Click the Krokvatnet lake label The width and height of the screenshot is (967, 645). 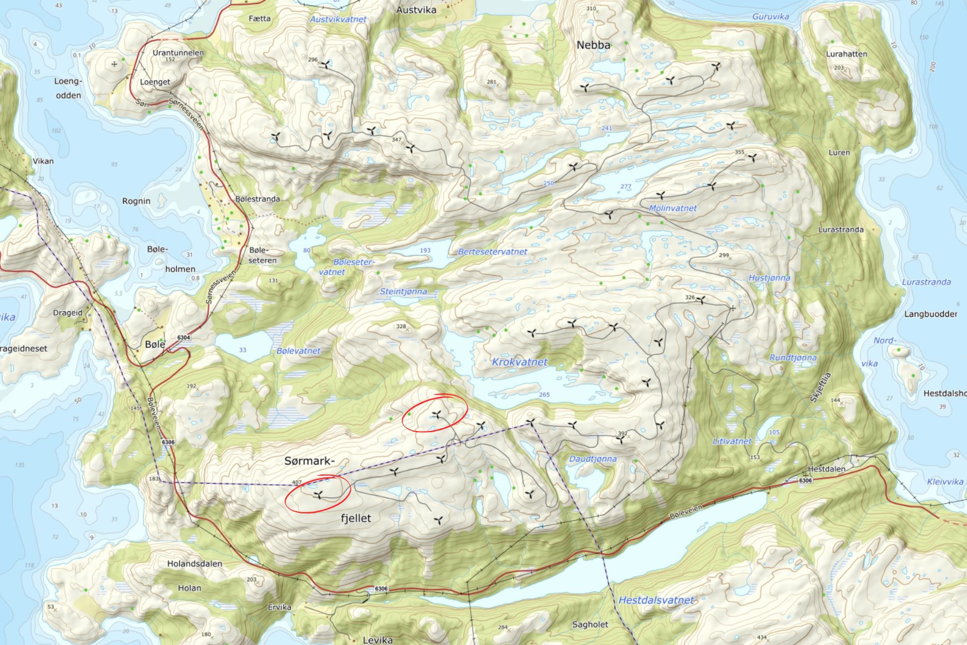point(519,362)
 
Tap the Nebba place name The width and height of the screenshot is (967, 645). point(593,45)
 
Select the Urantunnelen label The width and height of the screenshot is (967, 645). point(178,53)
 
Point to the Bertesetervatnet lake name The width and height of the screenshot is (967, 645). point(492,252)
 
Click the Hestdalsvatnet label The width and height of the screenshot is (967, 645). point(656,600)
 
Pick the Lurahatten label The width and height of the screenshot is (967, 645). point(846,54)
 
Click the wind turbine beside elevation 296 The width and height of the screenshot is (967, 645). point(325,65)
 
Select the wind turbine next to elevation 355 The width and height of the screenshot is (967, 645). point(752,158)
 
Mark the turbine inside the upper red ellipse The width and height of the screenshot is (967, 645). point(437,414)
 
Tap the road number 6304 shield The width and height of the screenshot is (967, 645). point(184,338)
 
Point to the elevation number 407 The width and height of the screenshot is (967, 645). point(297,482)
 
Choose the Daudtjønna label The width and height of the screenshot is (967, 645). point(593,459)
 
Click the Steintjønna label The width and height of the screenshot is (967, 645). point(403,291)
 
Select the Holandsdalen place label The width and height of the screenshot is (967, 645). point(194,564)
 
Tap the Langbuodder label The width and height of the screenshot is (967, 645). point(930,314)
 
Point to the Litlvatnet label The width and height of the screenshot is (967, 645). point(732,441)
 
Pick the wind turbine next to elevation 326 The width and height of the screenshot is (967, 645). point(702,300)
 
